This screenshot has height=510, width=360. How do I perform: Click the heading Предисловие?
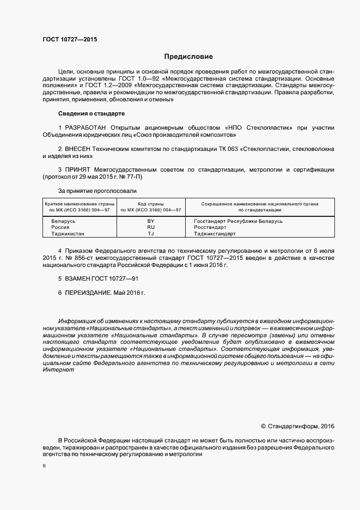pyautogui.click(x=189, y=56)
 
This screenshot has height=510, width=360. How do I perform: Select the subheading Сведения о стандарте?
pyautogui.click(x=91, y=113)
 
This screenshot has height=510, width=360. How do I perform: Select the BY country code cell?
pyautogui.click(x=151, y=221)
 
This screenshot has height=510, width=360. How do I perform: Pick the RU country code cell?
pyautogui.click(x=151, y=227)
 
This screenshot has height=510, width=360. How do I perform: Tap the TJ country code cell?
pyautogui.click(x=151, y=234)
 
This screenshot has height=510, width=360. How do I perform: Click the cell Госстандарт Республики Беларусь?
pyautogui.click(x=238, y=221)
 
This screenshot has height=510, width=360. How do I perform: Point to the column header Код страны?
pyautogui.click(x=151, y=203)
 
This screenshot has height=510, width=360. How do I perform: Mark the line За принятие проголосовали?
pyautogui.click(x=97, y=191)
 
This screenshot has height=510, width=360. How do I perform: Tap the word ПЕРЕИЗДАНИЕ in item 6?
pyautogui.click(x=88, y=293)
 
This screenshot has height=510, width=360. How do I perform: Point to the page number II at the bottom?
pyautogui.click(x=44, y=466)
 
